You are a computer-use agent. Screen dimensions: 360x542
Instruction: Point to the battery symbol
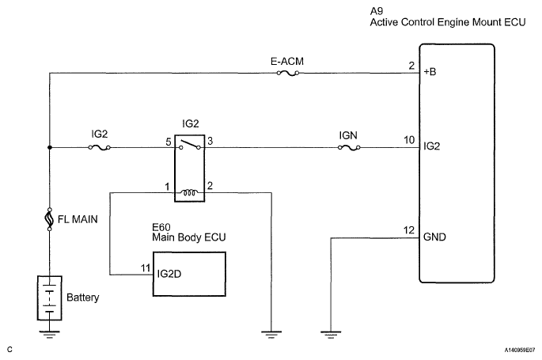[49, 297]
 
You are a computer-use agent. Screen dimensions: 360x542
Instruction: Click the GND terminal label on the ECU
[434, 235]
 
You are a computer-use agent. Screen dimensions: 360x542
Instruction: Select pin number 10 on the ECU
[407, 141]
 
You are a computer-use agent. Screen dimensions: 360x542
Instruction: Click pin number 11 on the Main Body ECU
[144, 268]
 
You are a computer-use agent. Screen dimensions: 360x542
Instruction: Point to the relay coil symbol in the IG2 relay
[190, 191]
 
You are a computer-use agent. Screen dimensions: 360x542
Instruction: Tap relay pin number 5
[169, 141]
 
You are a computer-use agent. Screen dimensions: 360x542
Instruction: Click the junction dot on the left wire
[49, 147]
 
